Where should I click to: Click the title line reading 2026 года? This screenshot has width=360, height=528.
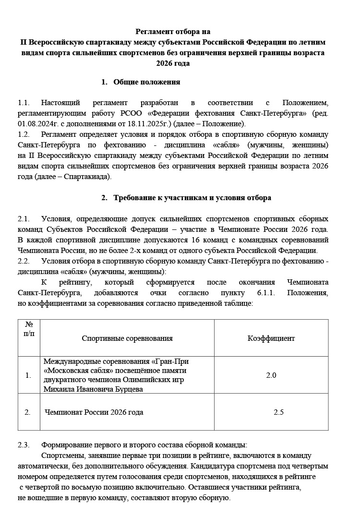(173, 63)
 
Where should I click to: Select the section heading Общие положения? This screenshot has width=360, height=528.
(146, 82)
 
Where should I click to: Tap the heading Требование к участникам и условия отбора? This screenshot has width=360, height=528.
(192, 198)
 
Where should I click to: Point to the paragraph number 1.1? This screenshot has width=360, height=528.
(24, 103)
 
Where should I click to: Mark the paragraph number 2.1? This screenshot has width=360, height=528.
(24, 218)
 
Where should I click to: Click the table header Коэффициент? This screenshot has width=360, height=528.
(271, 338)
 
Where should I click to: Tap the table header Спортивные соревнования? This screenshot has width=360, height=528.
(127, 338)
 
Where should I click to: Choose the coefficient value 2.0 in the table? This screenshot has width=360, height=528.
(271, 375)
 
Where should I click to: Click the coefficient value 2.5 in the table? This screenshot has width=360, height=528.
(279, 412)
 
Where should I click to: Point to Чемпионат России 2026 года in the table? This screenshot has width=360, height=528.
(94, 412)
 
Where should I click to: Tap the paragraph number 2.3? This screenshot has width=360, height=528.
(24, 444)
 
